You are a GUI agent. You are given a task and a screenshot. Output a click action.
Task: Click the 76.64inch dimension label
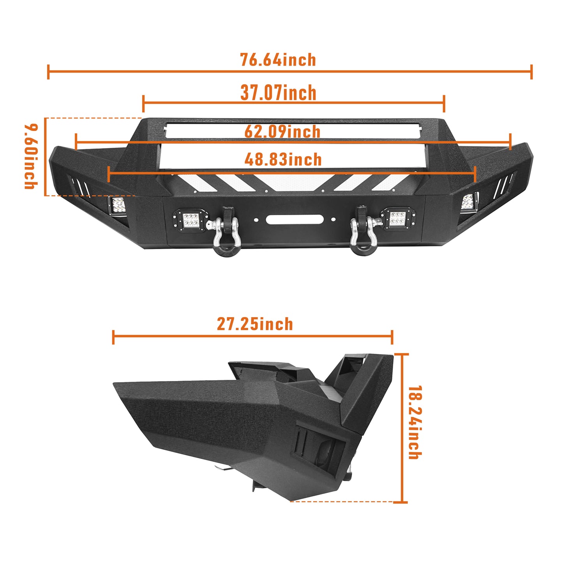pos(278,60)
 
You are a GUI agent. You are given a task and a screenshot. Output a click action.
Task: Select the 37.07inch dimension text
pos(278,93)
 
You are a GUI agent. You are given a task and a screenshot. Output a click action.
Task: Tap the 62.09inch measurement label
pos(282,131)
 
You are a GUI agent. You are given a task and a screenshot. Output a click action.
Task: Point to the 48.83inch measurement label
pos(283,159)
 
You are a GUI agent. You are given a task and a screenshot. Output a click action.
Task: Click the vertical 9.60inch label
pos(31,157)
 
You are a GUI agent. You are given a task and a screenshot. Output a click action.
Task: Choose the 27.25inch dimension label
pos(255,324)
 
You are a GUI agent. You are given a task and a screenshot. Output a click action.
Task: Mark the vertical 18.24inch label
pos(415,422)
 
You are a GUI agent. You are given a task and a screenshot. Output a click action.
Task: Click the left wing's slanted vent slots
pos(80,186)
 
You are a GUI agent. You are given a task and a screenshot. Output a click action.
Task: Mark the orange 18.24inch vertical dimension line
pos(402,428)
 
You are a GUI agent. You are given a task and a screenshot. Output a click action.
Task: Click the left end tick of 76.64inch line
pos(48,72)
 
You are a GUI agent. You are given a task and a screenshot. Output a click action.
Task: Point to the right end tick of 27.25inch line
pos(392,337)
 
